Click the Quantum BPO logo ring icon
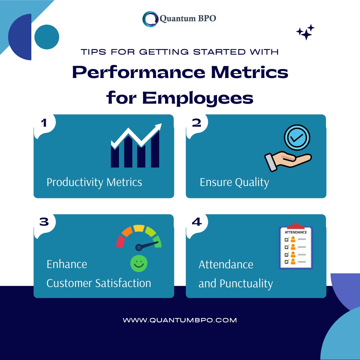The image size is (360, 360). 150,19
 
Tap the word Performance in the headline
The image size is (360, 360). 139,72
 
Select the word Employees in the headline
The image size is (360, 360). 198,98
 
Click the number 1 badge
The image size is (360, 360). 44,123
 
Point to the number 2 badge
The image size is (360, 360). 197,123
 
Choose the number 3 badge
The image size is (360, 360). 44,222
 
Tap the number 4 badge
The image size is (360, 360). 197,222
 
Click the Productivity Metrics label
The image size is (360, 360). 94,183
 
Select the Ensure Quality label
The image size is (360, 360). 234,183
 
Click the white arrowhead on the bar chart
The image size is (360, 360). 158,127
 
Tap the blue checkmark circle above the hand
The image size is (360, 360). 297,138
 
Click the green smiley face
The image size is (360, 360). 139,263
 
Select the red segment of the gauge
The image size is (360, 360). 120,242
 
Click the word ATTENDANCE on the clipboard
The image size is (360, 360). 296,232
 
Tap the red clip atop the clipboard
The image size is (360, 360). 296,226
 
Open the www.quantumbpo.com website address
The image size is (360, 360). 180,320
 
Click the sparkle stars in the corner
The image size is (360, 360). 305,32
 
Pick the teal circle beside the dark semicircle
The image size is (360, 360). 47,37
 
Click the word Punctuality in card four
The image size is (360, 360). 246,284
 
